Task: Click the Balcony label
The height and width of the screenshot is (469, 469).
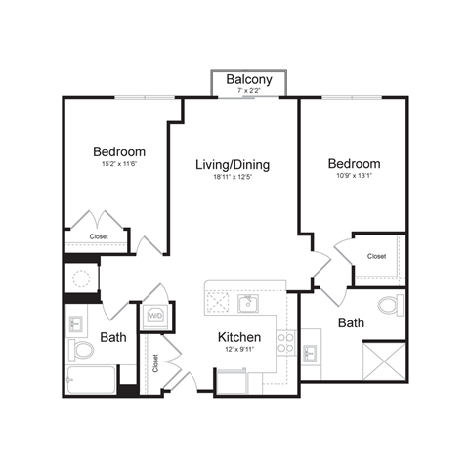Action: click(248, 79)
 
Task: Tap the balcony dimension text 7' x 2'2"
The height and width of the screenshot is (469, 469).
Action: click(248, 91)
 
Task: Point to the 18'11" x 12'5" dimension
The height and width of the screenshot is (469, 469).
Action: click(233, 177)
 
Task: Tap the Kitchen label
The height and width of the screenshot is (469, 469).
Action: click(238, 338)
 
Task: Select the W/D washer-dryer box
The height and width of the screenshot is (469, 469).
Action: click(156, 316)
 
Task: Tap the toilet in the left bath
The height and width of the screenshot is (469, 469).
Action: click(79, 349)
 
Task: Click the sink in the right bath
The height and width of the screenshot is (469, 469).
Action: click(314, 351)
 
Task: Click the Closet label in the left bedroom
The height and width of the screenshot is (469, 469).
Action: click(99, 236)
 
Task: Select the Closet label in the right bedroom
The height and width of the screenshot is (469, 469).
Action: click(376, 256)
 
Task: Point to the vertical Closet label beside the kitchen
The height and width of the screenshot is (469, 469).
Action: click(155, 362)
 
